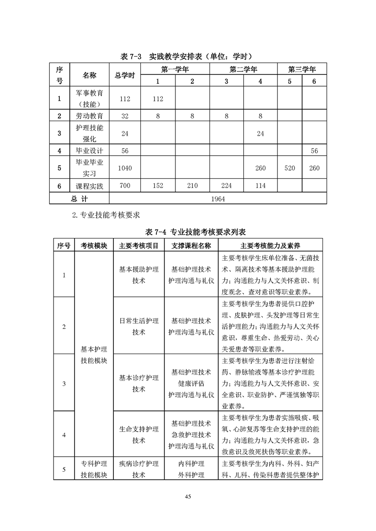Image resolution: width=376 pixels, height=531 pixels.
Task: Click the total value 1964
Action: point(218,199)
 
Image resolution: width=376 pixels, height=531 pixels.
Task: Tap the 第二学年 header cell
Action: point(243,70)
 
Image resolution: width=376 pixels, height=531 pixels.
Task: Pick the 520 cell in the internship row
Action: point(290,168)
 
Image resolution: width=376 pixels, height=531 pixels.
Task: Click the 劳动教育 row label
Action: point(89,115)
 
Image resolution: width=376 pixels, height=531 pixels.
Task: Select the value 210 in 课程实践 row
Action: point(192,186)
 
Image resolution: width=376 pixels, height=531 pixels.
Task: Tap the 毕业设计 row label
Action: point(89,150)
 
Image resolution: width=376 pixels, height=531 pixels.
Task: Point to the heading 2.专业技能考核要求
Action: point(106,215)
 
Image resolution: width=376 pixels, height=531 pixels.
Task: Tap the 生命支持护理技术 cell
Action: point(138,434)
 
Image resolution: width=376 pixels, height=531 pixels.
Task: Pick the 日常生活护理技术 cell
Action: point(138,326)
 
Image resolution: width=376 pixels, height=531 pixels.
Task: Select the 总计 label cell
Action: point(82,199)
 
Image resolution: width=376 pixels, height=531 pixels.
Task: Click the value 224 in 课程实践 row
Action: point(226,186)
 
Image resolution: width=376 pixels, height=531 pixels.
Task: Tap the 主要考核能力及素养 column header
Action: point(270,246)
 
